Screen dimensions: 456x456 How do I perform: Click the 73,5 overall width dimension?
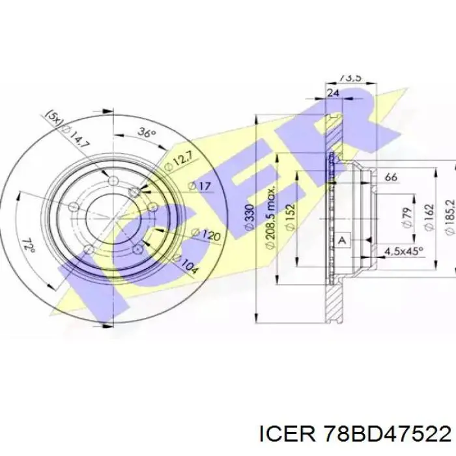350,78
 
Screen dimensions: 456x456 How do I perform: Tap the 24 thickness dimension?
333,93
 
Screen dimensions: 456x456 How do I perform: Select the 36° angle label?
148,134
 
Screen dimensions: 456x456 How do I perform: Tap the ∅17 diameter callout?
201,187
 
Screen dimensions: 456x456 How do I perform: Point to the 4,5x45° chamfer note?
404,251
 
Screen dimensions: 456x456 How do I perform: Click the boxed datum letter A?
343,240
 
